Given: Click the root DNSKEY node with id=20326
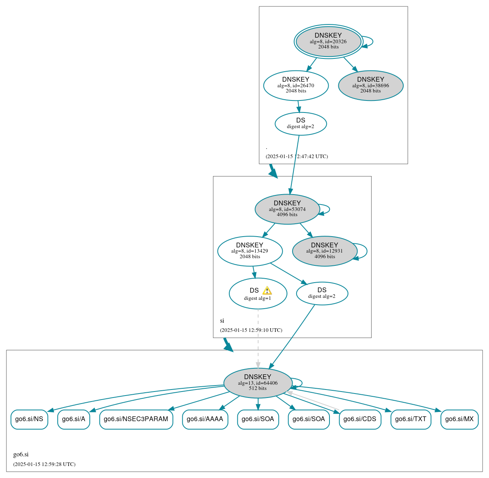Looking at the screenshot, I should tap(328, 41).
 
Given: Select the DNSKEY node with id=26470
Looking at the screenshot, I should tap(296, 85).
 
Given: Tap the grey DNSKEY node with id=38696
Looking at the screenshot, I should tap(371, 85).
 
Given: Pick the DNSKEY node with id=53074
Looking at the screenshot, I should tap(287, 209).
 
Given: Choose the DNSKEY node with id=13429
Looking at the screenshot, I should tap(250, 251).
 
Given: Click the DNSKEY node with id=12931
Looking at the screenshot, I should tap(325, 251).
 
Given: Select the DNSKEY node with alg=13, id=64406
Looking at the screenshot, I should tap(258, 383).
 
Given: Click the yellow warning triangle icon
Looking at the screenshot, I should tap(267, 291).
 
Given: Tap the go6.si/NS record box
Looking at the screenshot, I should tap(29, 419).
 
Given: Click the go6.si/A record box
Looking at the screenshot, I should tap(74, 419).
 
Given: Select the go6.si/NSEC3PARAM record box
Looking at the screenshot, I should tap(136, 419).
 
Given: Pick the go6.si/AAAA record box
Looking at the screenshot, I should tap(205, 419).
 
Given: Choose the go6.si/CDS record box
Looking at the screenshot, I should tap(360, 419).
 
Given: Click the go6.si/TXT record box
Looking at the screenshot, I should tap(411, 419).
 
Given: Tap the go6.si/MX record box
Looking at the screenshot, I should tap(459, 419).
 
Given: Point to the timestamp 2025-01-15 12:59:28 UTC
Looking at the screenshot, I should tap(44, 464).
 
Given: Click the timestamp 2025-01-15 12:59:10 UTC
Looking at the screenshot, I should tap(251, 330).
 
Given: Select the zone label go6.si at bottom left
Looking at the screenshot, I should tap(21, 454).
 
